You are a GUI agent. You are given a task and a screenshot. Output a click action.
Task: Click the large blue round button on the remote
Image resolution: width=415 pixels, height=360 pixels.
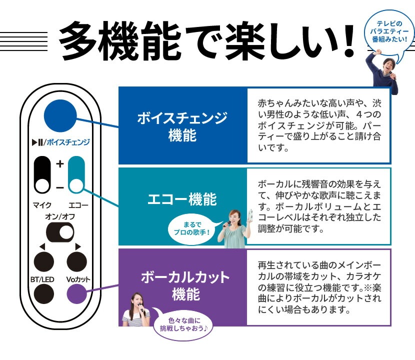(59, 115)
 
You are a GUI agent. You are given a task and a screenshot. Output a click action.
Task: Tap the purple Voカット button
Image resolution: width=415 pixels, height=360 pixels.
(77, 293)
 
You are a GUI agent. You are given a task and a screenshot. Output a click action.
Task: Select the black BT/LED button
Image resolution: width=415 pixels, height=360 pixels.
(43, 293)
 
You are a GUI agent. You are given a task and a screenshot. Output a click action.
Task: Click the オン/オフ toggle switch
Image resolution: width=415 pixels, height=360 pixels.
(60, 231)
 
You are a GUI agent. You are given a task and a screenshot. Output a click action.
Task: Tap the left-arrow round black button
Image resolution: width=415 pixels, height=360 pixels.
(43, 260)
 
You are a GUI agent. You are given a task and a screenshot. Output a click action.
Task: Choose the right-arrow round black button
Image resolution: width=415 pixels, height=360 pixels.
(77, 260)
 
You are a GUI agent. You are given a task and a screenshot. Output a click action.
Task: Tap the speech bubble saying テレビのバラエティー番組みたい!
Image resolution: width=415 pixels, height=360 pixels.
(388, 30)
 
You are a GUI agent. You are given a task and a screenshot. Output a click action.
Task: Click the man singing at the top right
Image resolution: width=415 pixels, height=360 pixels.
(385, 72)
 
